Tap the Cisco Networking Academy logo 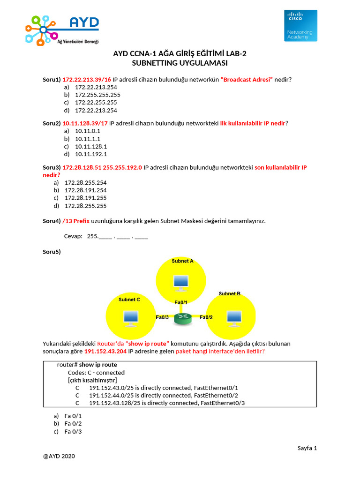(x=300, y=25)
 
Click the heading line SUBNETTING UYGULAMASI (x=180, y=63)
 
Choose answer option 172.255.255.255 (x=97, y=95)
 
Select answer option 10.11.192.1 (x=91, y=154)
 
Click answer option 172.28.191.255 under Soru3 (x=85, y=198)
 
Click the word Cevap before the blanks (x=73, y=236)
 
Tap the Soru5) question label (x=52, y=252)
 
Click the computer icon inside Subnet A (x=180, y=282)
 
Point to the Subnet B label (x=229, y=293)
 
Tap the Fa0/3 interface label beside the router (x=162, y=317)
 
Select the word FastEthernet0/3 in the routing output (x=223, y=403)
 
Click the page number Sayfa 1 (x=307, y=448)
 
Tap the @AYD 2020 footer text (x=59, y=456)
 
